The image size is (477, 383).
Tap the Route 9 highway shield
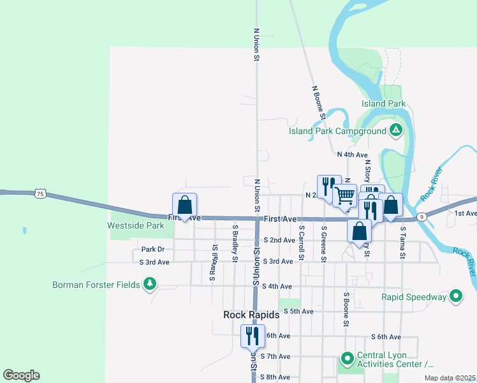click(x=422, y=217)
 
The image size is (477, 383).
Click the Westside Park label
click(x=136, y=225)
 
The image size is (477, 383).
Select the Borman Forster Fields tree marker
click(x=150, y=283)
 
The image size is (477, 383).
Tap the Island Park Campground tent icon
click(x=396, y=131)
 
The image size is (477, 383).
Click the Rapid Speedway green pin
click(x=456, y=296)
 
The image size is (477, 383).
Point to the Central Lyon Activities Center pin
click(x=347, y=359)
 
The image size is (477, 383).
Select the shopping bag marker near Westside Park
click(x=184, y=206)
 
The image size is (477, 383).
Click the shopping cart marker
click(x=345, y=195)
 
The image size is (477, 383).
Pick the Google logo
click(x=21, y=375)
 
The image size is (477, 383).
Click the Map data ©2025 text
click(x=449, y=378)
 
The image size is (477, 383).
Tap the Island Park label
click(x=383, y=103)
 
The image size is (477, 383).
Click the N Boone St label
click(x=319, y=103)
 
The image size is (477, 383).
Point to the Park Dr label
click(x=153, y=250)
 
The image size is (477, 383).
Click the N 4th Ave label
click(x=353, y=154)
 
